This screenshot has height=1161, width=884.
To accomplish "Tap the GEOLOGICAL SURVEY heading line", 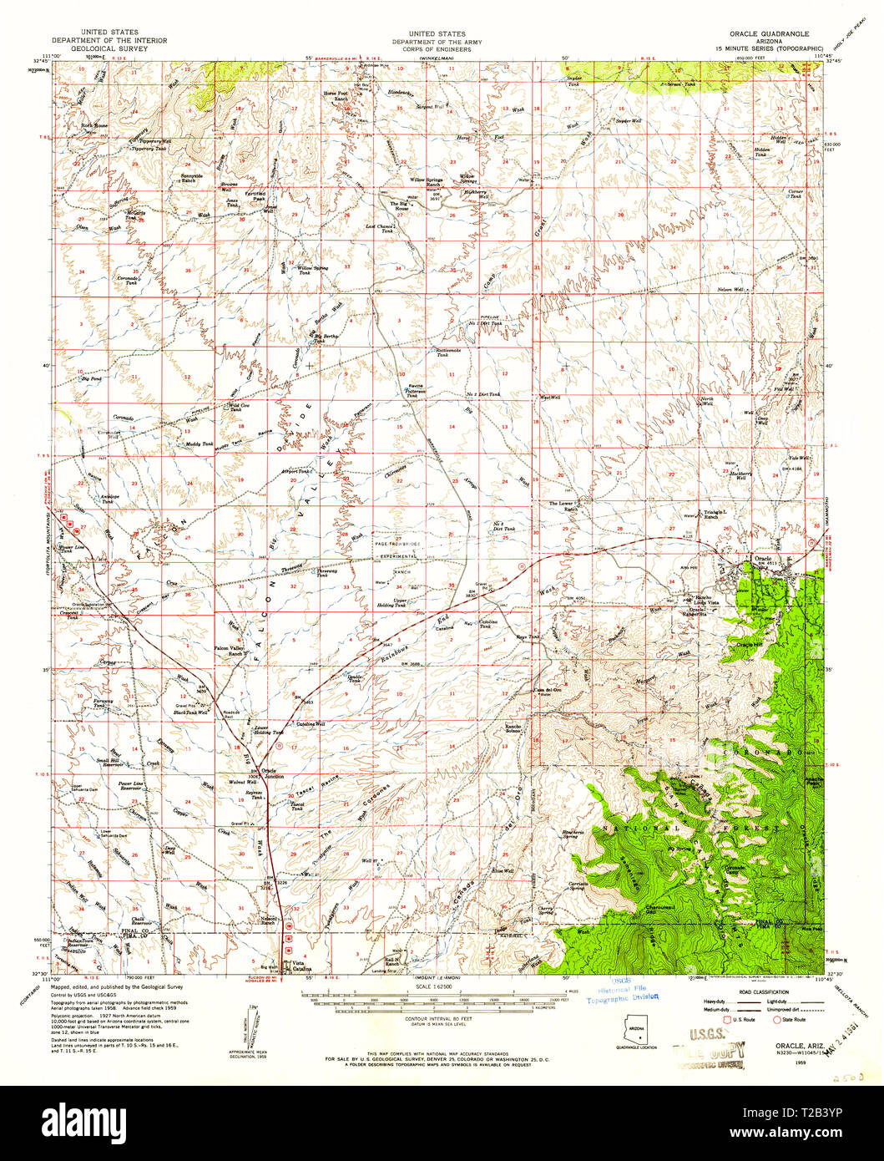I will tap(109, 48).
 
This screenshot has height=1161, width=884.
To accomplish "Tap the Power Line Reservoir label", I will tap(132, 786).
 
